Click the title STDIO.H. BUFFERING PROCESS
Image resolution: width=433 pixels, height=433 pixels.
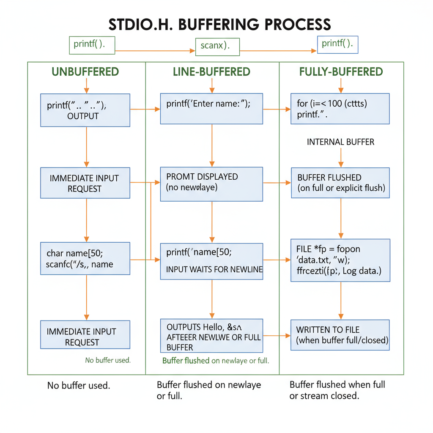(219, 24)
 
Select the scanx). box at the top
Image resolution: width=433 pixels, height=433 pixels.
(217, 46)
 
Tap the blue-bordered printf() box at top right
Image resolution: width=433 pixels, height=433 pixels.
(337, 44)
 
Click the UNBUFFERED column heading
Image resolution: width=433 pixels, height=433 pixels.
(85, 72)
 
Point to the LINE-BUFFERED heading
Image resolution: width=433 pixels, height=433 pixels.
(212, 72)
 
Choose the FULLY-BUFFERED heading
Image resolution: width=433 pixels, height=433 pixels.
(341, 72)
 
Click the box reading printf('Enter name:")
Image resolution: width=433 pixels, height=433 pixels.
(211, 109)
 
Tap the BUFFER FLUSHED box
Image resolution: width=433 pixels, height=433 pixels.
(340, 183)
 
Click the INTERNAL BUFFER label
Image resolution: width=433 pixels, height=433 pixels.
(340, 142)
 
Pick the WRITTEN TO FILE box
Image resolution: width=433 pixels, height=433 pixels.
(340, 335)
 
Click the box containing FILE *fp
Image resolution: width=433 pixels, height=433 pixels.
(340, 260)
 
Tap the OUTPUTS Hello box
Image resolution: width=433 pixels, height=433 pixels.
(211, 336)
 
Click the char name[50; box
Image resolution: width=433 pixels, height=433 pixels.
(85, 258)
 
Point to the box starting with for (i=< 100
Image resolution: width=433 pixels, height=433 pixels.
(340, 109)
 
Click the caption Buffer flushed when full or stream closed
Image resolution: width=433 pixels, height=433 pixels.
(337, 390)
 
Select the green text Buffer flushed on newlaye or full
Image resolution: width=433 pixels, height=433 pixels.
(216, 361)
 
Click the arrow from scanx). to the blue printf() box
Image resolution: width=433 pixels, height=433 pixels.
(278, 51)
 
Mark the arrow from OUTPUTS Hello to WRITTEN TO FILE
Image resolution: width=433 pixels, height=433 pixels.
(277, 336)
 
